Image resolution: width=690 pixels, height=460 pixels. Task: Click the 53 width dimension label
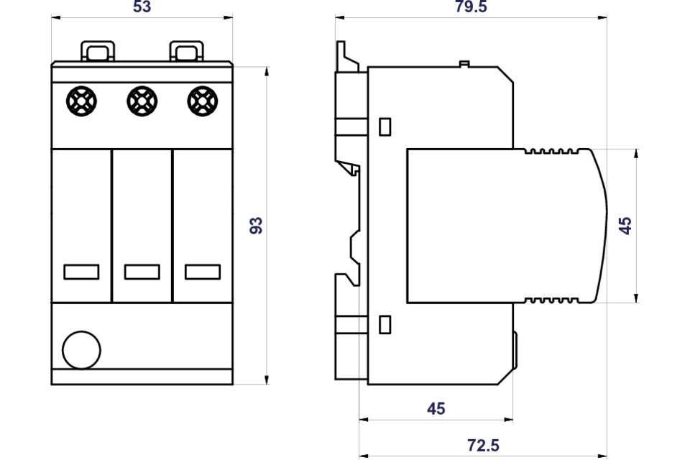pos(142,7)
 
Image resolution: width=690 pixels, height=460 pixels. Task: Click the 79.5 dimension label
pos(471,7)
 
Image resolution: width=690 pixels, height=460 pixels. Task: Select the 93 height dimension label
pos(256,225)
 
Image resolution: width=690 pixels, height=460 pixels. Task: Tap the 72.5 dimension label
pos(482,446)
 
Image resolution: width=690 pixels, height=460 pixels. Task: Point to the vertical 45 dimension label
pos(626,225)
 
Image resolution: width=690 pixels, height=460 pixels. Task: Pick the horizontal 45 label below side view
pos(436,409)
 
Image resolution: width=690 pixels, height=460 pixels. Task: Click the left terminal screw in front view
pos(81,101)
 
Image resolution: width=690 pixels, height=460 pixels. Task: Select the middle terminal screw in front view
pos(142,101)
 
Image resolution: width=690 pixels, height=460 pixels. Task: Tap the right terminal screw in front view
pos(203,101)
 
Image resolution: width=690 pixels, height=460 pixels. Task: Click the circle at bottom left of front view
pos(81,350)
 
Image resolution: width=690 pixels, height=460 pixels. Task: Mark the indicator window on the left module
pos(81,272)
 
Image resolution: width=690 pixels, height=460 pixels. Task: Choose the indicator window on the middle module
pos(142,272)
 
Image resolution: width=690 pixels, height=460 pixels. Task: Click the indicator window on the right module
pos(202,272)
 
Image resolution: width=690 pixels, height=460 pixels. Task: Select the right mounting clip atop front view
pos(186,52)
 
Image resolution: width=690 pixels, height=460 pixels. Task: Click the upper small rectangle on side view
pos(385,126)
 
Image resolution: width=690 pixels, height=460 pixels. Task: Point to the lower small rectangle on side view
pos(385,324)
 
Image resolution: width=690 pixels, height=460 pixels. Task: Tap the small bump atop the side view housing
pos(464,65)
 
